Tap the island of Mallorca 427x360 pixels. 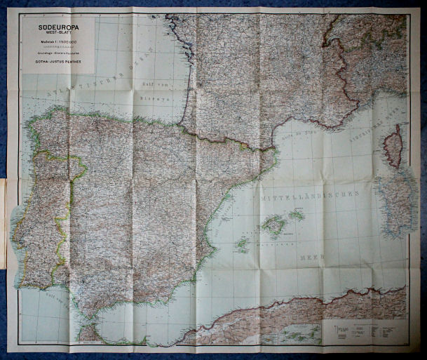[273, 225]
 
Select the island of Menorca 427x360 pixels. [297, 215]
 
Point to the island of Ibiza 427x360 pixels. [242, 245]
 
